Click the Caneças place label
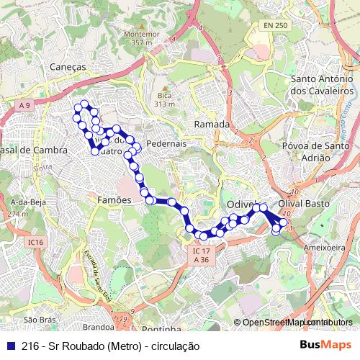click(68, 66)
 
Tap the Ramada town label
click(212, 125)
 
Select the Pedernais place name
click(166, 143)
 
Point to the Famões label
click(114, 199)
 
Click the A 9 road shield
click(25, 106)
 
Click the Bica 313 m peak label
click(164, 99)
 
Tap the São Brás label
click(40, 319)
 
